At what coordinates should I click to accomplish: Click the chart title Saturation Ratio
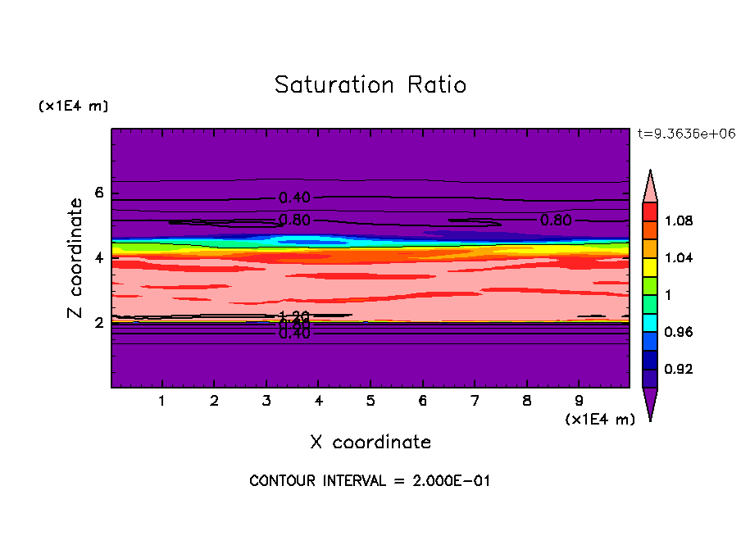(370, 85)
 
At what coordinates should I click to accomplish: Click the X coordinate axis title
(370, 443)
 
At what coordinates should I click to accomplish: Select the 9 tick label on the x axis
(580, 402)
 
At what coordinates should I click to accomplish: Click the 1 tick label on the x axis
(162, 402)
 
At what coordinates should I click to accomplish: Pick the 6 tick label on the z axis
(100, 193)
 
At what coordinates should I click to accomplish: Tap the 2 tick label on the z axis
(100, 323)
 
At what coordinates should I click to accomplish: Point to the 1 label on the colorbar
(667, 295)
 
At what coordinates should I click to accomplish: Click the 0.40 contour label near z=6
(294, 198)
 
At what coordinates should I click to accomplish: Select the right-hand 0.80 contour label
(556, 220)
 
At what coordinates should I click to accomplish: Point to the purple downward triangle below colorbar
(650, 403)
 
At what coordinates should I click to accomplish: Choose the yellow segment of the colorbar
(650, 266)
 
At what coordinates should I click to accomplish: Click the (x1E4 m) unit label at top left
(73, 107)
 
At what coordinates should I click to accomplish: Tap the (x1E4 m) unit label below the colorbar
(600, 420)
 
